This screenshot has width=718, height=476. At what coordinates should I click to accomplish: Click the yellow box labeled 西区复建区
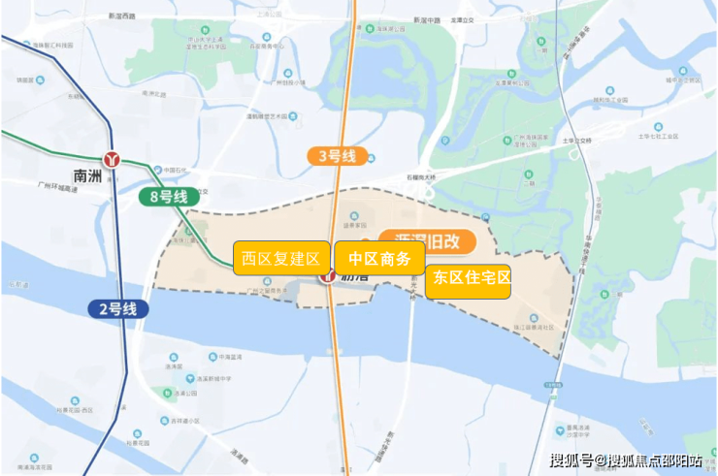(281, 259)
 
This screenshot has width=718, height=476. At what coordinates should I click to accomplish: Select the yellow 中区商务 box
(379, 259)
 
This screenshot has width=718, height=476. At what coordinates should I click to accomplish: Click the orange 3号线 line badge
(333, 154)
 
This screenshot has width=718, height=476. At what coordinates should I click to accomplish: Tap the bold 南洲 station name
(86, 175)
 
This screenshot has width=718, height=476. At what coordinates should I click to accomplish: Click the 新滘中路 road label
(428, 19)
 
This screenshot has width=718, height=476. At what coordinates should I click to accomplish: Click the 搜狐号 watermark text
(573, 459)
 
